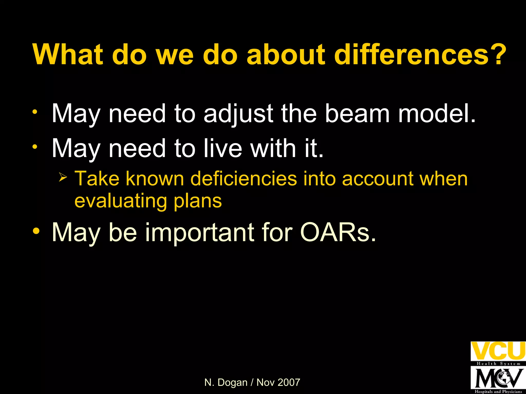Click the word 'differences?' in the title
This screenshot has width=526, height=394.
(420, 54)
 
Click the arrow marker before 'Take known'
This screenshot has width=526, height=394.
(63, 177)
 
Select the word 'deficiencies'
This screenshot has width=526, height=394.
(243, 179)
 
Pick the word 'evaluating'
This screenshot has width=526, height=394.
(120, 201)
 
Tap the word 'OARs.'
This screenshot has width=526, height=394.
(338, 232)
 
